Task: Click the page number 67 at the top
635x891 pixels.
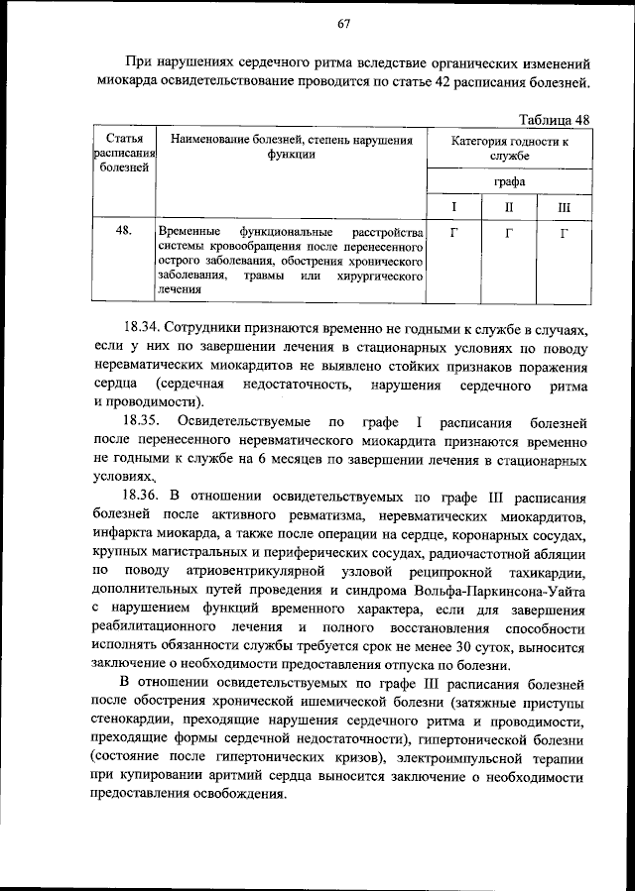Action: coord(343,23)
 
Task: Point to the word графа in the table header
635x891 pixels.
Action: coord(509,181)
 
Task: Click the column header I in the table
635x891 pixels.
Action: coord(453,207)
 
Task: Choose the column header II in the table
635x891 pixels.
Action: coord(508,207)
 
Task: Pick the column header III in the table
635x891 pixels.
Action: coord(564,207)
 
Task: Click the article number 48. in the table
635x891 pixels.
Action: coord(124,231)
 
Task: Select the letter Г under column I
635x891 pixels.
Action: coord(453,231)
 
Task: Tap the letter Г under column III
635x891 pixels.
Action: coord(564,231)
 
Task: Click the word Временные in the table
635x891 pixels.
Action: coord(190,231)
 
